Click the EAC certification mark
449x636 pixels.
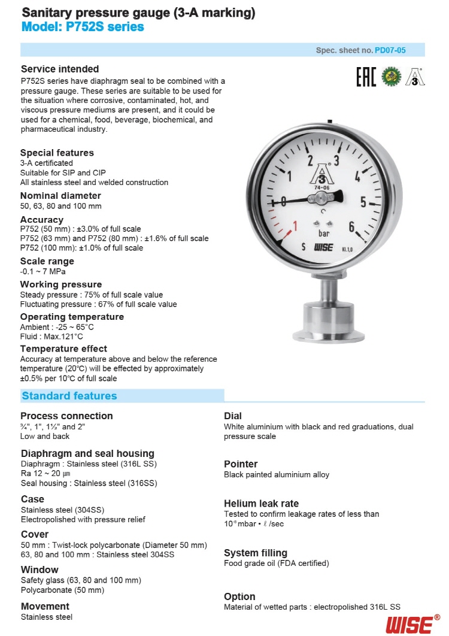[366, 77]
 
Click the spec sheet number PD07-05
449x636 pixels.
[390, 50]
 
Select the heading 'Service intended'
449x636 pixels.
[60, 69]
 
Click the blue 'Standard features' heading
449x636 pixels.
[69, 396]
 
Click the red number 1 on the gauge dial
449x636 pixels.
[294, 227]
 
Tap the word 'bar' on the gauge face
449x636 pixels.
[323, 233]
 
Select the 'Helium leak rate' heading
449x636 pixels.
[261, 504]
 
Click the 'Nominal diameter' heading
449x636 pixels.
[60, 196]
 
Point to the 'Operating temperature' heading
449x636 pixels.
[72, 317]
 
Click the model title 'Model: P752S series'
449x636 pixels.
[83, 27]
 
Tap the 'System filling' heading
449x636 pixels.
[256, 553]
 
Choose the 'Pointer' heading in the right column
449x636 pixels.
[241, 464]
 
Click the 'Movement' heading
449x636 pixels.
[45, 606]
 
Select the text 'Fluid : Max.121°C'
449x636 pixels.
[51, 337]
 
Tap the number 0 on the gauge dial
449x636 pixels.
[284, 201]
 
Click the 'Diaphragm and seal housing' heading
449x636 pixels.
[87, 453]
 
